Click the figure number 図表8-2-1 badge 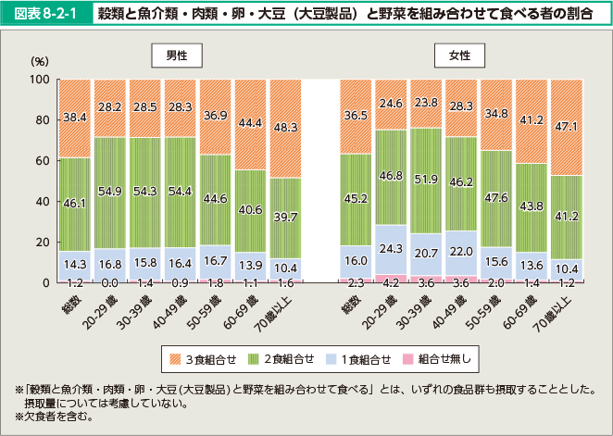pos(47,15)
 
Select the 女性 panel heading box pos(459,56)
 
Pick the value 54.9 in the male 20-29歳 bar pos(109,191)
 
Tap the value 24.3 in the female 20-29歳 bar pos(391,248)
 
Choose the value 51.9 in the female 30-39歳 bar pos(426,179)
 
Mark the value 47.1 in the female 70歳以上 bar pos(567,126)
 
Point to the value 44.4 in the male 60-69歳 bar pos(250,123)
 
